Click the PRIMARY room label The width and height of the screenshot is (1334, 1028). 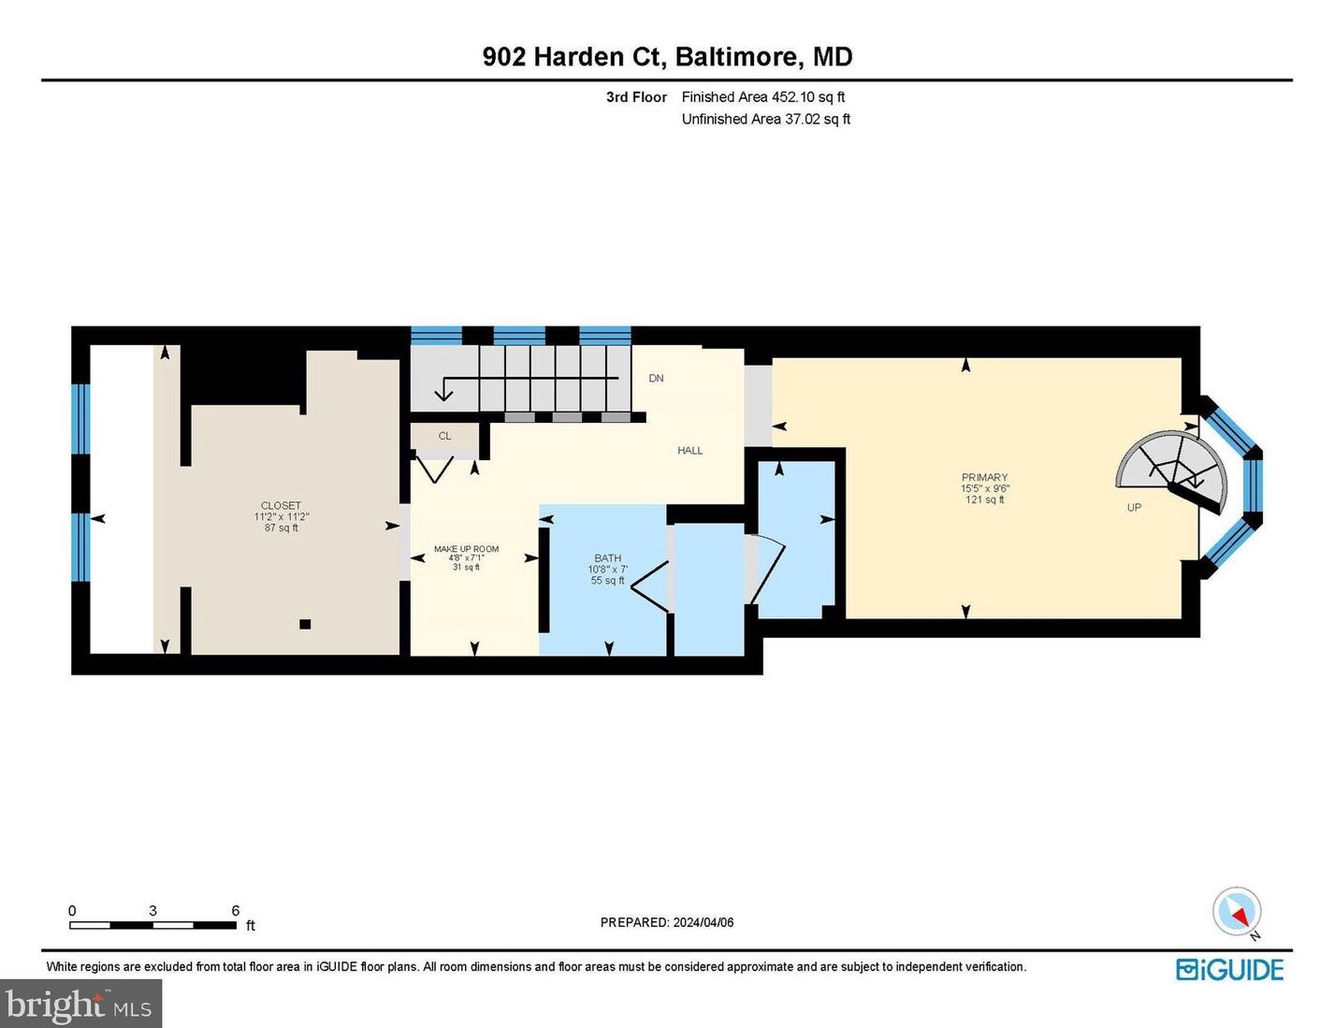(984, 477)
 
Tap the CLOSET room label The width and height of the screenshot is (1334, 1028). (281, 505)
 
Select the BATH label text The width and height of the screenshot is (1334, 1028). (607, 558)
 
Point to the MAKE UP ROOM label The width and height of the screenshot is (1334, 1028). (466, 549)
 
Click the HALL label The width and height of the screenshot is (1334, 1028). (689, 451)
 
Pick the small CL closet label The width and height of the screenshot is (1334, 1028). (444, 436)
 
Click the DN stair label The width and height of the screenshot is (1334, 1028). (656, 379)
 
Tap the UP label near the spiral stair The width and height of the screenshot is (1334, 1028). (1134, 508)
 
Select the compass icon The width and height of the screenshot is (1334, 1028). (1237, 912)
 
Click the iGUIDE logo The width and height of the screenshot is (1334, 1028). (1229, 970)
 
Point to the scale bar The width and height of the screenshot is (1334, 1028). (152, 925)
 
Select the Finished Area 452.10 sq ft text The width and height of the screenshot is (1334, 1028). (762, 97)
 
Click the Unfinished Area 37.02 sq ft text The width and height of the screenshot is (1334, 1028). (765, 120)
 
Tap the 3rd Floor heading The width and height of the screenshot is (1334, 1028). (636, 97)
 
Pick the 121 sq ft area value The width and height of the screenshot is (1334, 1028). (984, 500)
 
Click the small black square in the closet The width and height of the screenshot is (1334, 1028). (305, 624)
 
